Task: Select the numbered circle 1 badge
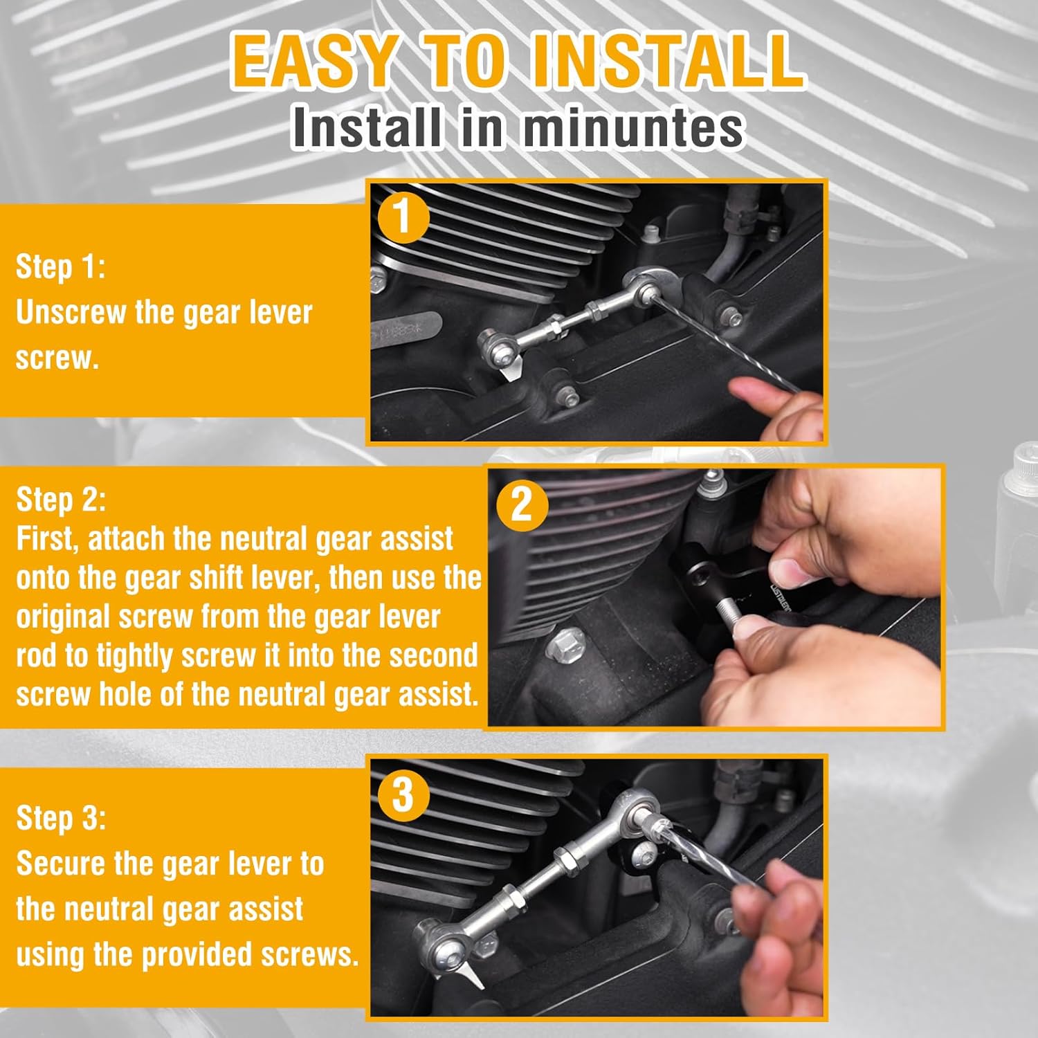pyautogui.click(x=403, y=217)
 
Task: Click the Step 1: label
pyautogui.click(x=61, y=267)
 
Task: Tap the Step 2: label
pyautogui.click(x=61, y=500)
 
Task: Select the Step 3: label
pyautogui.click(x=61, y=818)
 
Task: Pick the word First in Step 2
pyautogui.click(x=48, y=539)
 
